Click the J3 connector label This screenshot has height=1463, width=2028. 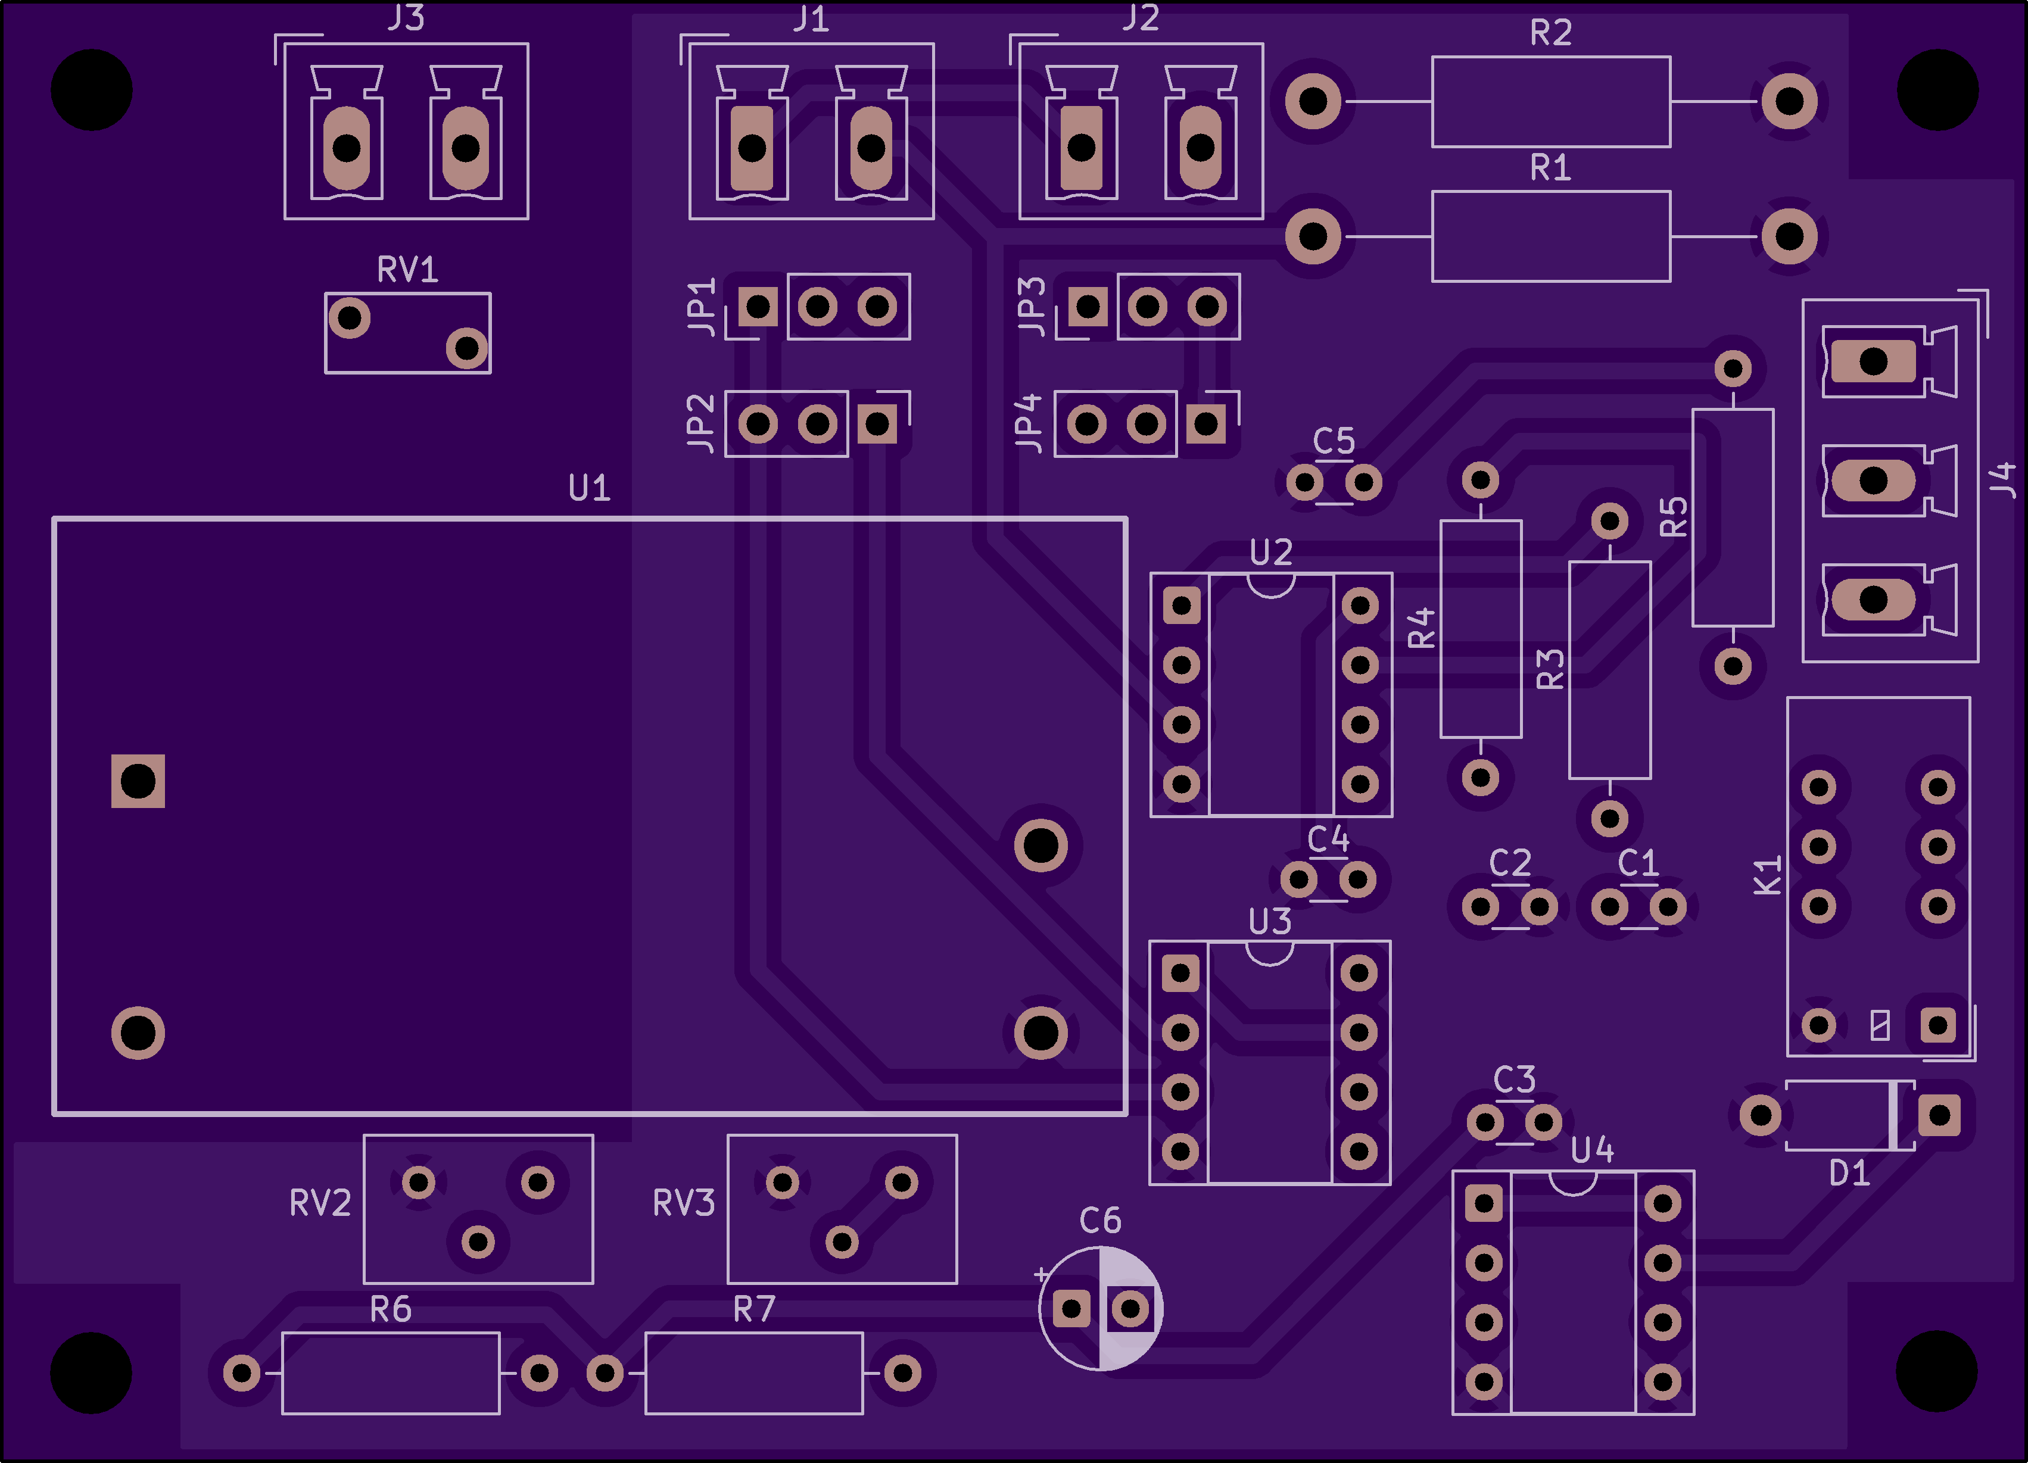(406, 18)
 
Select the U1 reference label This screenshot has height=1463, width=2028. (589, 488)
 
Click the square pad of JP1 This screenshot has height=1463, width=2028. (758, 307)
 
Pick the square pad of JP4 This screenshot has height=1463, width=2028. (1205, 423)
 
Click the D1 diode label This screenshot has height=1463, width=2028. (1849, 1172)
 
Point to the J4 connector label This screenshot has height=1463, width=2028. (2003, 480)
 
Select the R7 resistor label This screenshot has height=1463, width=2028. (754, 1309)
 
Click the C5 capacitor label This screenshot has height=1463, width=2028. (1333, 441)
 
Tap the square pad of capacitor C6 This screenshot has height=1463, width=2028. (1071, 1309)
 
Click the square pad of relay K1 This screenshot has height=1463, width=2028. (1937, 1025)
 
